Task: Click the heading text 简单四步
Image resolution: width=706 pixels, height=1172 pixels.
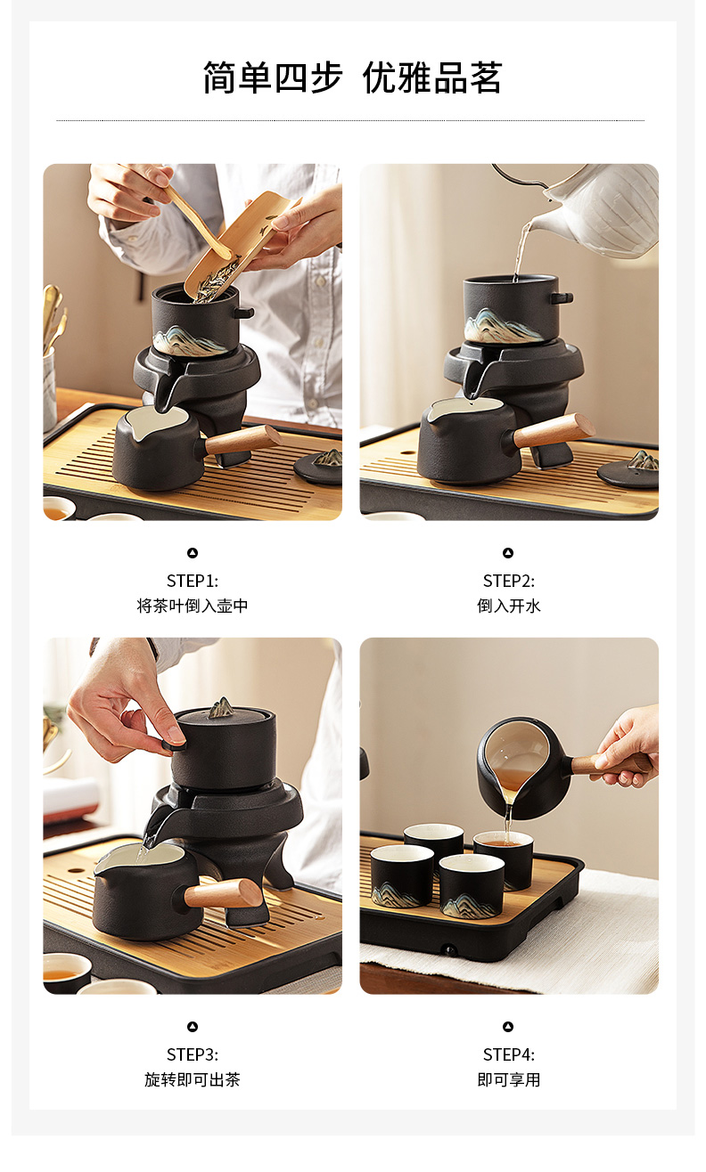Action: click(273, 77)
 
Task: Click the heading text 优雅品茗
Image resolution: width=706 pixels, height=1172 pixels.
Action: click(432, 77)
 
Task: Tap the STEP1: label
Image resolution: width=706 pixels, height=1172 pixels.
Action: click(193, 581)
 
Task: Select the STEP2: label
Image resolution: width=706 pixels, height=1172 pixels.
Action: click(508, 581)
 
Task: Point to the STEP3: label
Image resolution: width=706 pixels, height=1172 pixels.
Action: click(193, 1054)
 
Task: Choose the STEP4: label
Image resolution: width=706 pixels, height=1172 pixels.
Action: click(508, 1054)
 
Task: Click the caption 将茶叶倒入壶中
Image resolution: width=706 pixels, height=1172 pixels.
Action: click(193, 606)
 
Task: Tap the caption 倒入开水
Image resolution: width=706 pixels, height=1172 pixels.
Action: click(508, 606)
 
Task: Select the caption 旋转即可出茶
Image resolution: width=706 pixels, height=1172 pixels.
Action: click(193, 1079)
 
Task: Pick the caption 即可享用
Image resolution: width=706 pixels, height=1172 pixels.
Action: click(508, 1079)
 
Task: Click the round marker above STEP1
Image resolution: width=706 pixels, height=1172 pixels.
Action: click(193, 553)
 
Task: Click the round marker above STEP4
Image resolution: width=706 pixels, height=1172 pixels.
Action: click(508, 1027)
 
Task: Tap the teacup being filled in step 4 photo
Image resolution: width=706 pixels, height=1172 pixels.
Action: click(504, 859)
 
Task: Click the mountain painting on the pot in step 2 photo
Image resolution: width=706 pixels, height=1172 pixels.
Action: click(501, 325)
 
